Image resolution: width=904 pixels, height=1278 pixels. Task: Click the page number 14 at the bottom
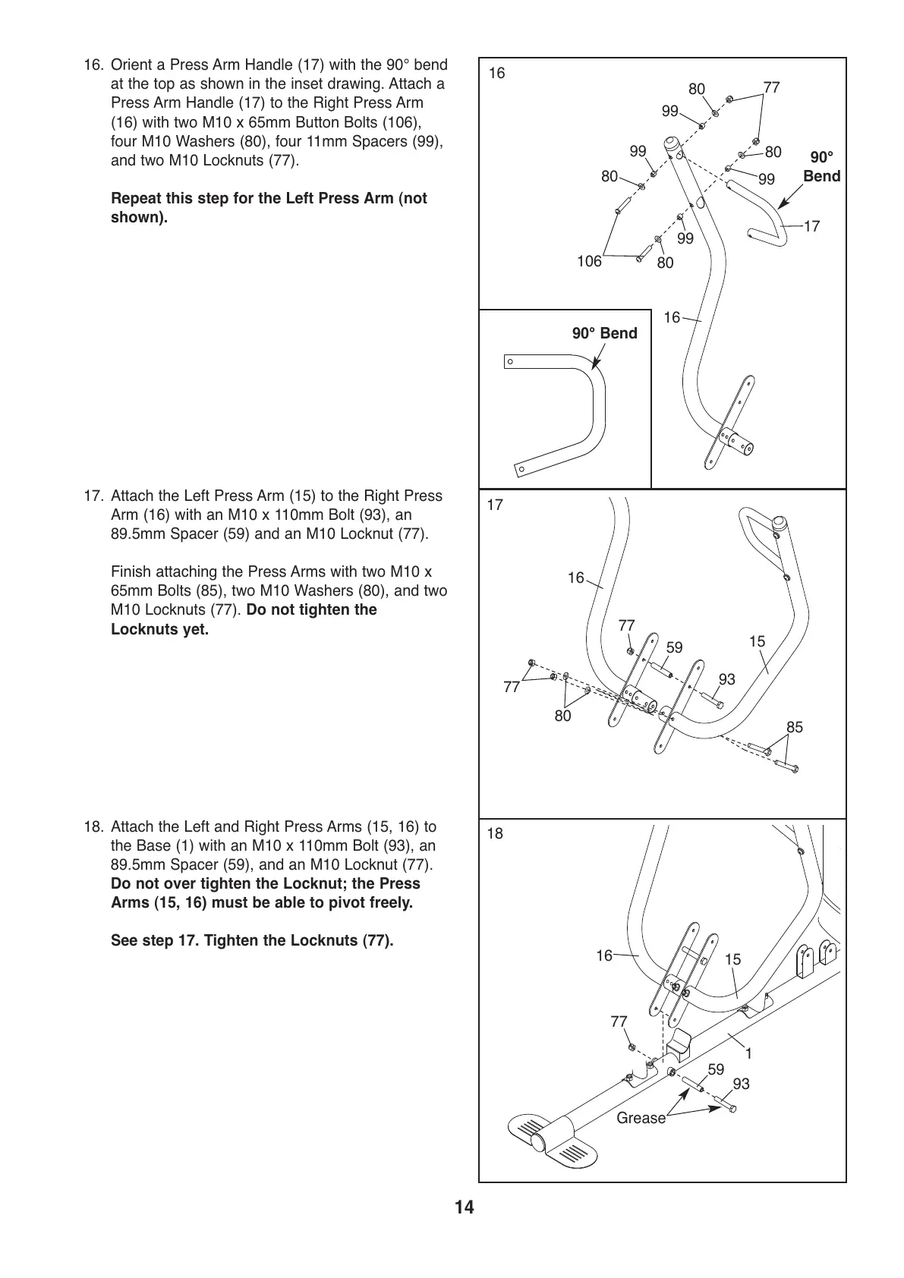point(465,1207)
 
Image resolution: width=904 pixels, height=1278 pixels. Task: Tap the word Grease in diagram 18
point(641,1118)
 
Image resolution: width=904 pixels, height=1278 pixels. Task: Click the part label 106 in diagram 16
point(589,262)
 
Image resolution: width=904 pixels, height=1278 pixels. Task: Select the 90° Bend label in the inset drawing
point(604,334)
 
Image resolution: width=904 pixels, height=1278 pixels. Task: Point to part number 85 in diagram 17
point(794,727)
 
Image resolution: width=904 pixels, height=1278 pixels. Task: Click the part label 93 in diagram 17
point(726,679)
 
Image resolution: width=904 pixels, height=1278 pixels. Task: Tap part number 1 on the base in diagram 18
point(748,1053)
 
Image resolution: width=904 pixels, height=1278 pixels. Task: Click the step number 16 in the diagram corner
point(496,74)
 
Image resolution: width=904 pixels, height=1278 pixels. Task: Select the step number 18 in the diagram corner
point(495,834)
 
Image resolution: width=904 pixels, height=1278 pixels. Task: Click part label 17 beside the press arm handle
point(811,226)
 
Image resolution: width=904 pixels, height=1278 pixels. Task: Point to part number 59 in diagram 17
point(674,647)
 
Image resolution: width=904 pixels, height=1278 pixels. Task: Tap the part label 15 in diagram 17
point(757,641)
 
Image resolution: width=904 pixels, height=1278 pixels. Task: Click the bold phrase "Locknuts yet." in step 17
point(159,629)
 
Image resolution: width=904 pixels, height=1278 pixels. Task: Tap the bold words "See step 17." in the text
point(156,941)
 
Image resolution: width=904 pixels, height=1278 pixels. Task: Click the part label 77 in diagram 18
point(619,1021)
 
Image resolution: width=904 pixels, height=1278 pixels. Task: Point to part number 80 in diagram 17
point(562,716)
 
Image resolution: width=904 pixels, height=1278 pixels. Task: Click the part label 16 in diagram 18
point(603,956)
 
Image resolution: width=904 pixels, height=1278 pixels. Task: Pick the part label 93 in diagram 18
point(741,1084)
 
